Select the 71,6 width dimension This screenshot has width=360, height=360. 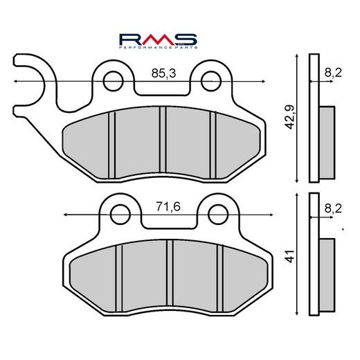click(x=163, y=206)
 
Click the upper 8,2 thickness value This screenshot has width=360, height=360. click(x=333, y=72)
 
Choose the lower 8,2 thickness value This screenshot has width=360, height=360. click(x=333, y=206)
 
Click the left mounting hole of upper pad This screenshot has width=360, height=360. click(x=112, y=81)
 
